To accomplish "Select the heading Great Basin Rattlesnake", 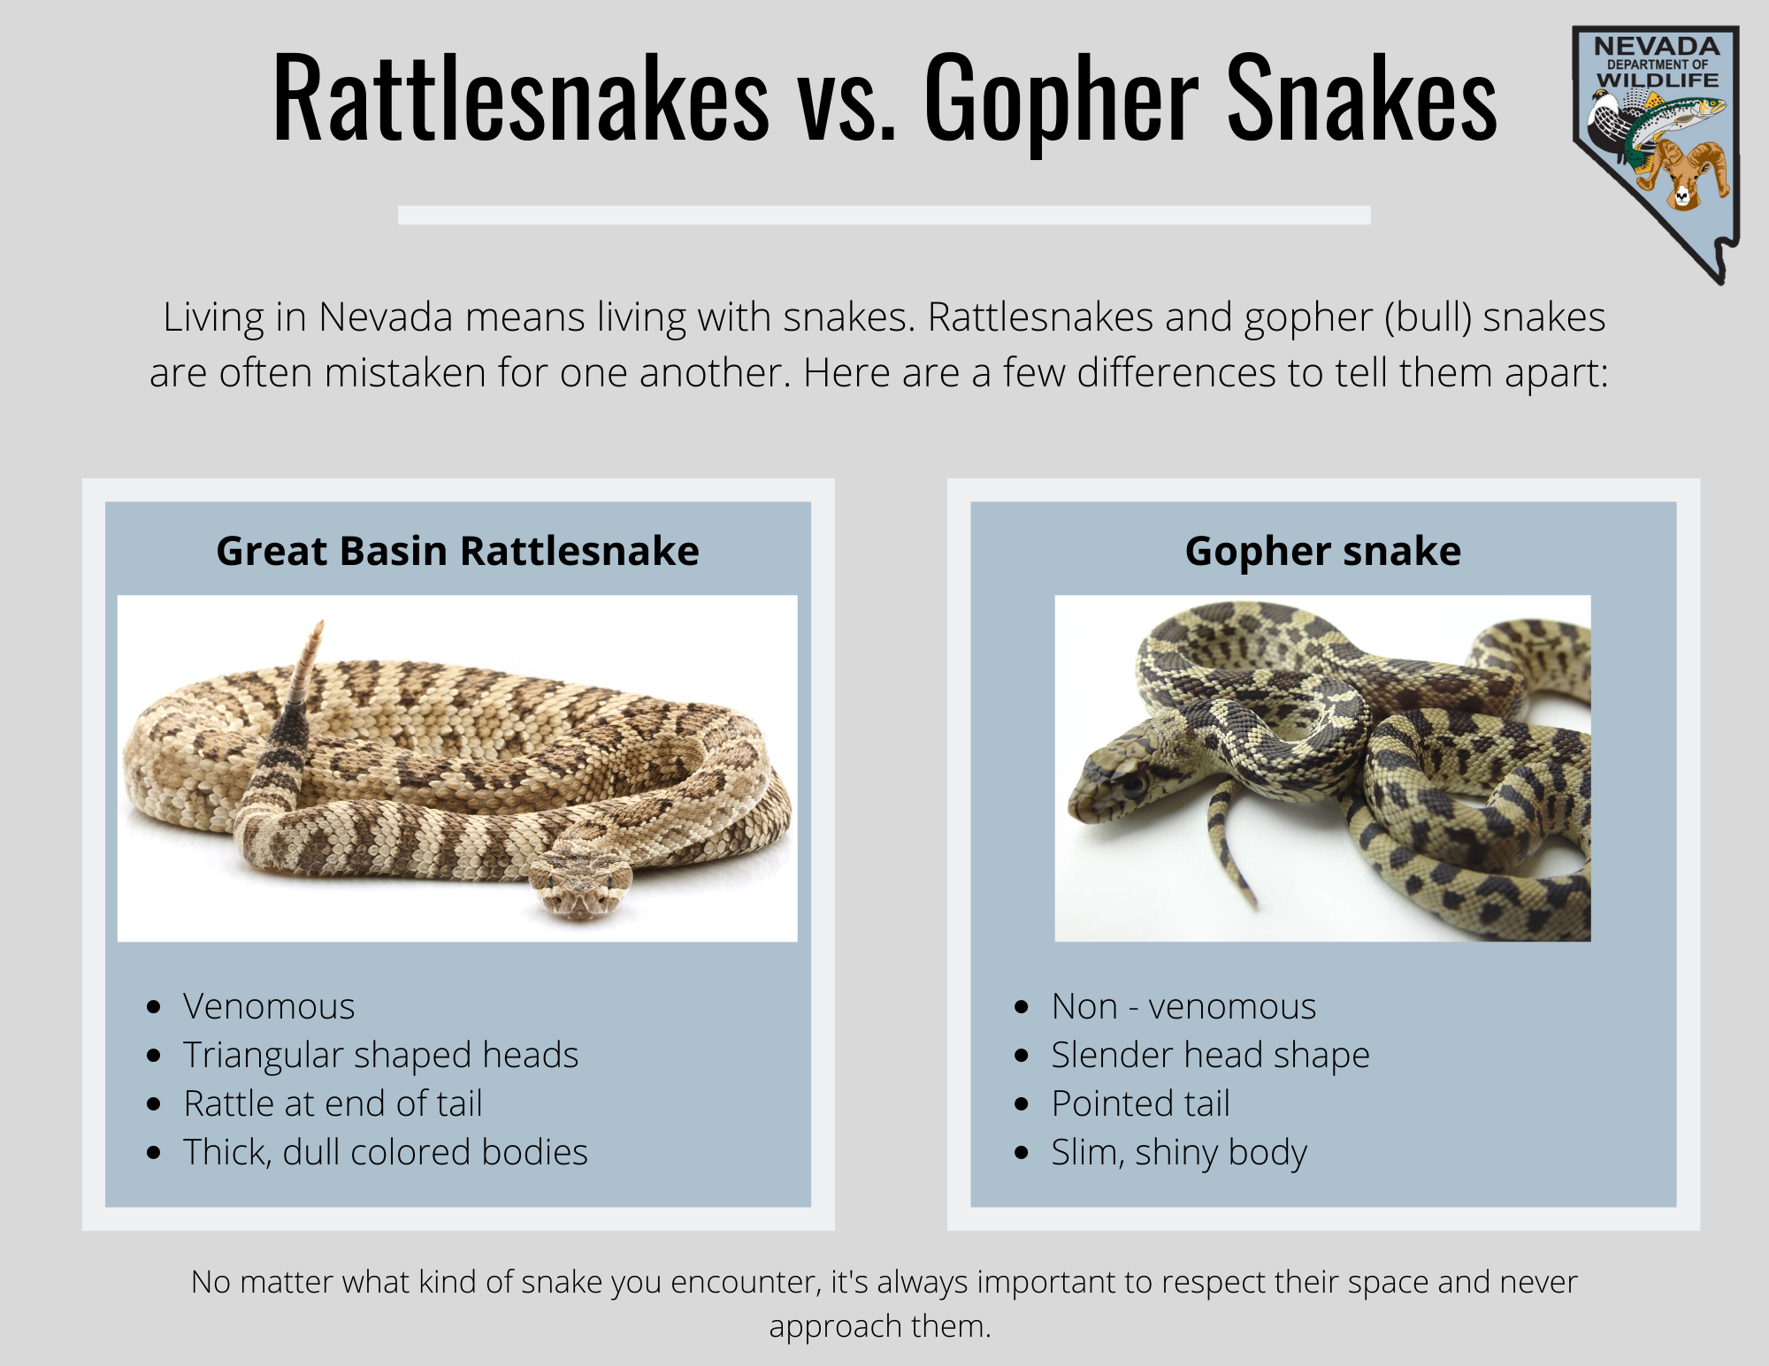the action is tap(457, 551).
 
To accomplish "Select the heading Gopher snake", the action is tap(1322, 552).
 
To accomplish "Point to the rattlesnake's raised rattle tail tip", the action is tap(318, 624).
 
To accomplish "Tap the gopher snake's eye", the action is tap(1132, 782).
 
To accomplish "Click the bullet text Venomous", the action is tap(269, 1006).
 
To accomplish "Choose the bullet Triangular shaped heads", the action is tap(380, 1055).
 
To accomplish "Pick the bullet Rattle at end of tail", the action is tap(333, 1103).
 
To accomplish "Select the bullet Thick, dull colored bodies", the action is tap(386, 1152).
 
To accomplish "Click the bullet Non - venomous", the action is tap(1183, 1006).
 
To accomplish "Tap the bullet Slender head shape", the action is tap(1210, 1055).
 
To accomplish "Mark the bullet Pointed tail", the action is tap(1141, 1103).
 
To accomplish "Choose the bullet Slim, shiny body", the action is tap(1179, 1153).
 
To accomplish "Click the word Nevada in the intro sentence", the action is tap(387, 317).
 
